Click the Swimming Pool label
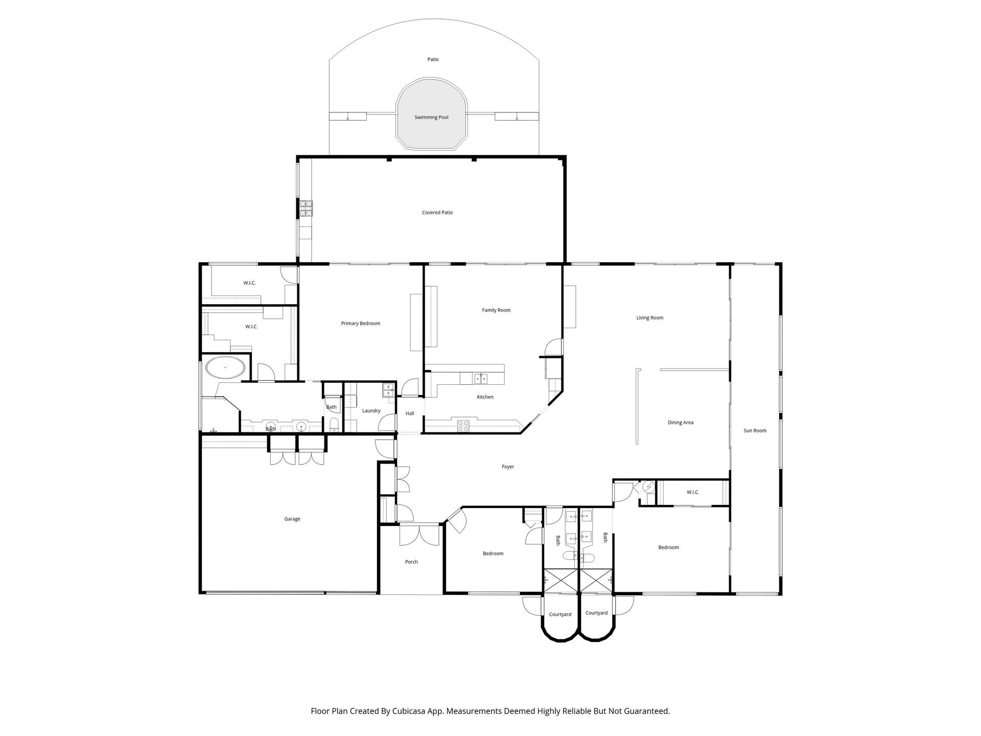point(431,118)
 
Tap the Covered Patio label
point(437,213)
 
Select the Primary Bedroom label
point(361,324)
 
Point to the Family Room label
point(496,310)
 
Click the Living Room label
point(650,318)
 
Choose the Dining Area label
point(681,423)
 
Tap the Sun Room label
point(755,431)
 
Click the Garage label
point(292,519)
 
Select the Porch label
point(411,562)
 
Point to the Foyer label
point(508,467)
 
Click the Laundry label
point(371,411)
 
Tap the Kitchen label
point(485,397)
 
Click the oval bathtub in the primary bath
point(225,367)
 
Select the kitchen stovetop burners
point(463,426)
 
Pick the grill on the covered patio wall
point(306,207)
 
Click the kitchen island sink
point(480,379)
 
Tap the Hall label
point(410,413)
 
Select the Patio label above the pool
point(433,60)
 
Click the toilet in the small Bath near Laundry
point(334,424)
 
